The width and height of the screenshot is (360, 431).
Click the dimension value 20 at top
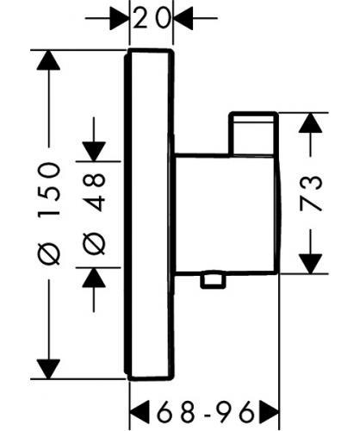click(x=151, y=18)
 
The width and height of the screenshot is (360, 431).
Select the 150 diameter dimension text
click(x=49, y=189)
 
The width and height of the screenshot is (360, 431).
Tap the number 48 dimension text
click(x=94, y=192)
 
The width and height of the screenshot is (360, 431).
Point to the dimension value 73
click(x=311, y=193)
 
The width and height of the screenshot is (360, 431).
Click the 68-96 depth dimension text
click(x=205, y=411)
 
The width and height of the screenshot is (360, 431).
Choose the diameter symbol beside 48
click(x=94, y=244)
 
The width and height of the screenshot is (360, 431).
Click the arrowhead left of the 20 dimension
click(x=119, y=18)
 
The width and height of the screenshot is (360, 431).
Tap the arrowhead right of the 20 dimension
click(x=183, y=18)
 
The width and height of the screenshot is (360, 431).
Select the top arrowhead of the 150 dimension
click(x=48, y=60)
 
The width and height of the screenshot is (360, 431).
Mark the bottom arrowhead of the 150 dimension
click(x=48, y=369)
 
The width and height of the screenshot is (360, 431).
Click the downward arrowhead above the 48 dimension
click(x=94, y=152)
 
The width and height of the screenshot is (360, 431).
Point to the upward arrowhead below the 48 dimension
click(x=94, y=278)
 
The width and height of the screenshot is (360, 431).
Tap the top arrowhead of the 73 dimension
click(x=310, y=122)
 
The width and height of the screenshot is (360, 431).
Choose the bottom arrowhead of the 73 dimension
click(x=310, y=264)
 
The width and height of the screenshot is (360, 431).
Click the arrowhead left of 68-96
click(x=140, y=411)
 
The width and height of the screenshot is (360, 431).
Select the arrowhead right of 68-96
click(x=270, y=411)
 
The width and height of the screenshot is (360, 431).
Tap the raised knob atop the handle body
click(x=253, y=134)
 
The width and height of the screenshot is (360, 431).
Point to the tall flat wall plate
click(x=149, y=215)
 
